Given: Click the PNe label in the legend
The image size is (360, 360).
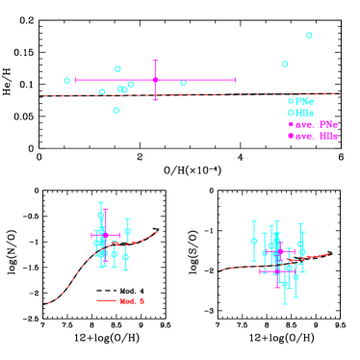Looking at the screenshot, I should [x=304, y=101].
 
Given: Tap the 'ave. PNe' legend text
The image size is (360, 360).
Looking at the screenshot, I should [x=317, y=124].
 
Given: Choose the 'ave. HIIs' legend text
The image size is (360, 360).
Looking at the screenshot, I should [x=317, y=136].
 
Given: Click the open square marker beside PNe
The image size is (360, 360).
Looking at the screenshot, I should [x=291, y=101].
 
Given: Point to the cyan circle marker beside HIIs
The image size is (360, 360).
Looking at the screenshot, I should [x=291, y=113].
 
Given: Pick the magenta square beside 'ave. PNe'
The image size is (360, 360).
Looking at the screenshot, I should [x=291, y=124].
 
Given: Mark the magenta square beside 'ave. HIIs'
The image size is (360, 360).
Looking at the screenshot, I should [x=291, y=136].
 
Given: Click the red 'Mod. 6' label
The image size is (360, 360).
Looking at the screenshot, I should [x=132, y=301].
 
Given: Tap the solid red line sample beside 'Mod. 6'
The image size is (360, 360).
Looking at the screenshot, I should [x=107, y=301].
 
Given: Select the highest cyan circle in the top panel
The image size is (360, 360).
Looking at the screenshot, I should [x=309, y=36].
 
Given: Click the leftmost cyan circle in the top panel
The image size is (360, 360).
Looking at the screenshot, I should [x=67, y=81].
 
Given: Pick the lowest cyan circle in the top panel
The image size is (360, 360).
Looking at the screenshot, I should [x=116, y=111].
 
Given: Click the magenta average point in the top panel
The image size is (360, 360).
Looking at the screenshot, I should [x=155, y=80].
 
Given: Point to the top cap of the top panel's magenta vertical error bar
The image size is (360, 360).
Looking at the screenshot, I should [x=155, y=61].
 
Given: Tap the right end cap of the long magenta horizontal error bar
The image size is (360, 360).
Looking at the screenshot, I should [x=236, y=80].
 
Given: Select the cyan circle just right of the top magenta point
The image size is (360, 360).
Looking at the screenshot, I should [x=183, y=83].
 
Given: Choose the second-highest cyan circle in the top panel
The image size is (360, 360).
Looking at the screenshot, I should [x=285, y=64].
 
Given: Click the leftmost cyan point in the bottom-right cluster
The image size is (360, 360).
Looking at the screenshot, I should [x=254, y=242].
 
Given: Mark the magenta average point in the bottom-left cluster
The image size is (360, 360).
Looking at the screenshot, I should [x=105, y=235].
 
